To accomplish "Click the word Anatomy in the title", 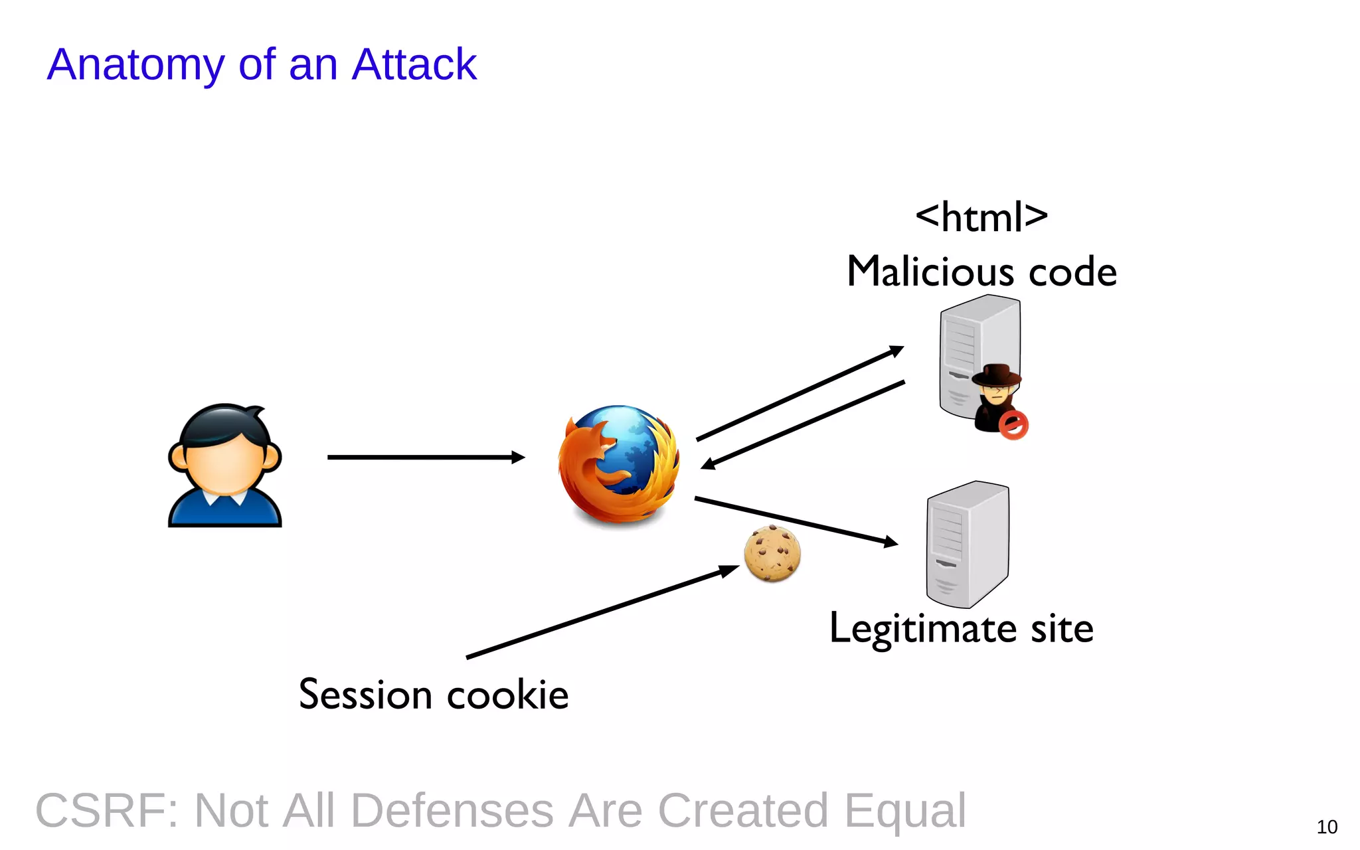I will point(136,65).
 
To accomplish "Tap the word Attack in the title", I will point(414,64).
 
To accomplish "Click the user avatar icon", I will point(225,465).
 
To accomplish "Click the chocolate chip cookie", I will point(772,553).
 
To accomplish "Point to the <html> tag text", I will point(981,216).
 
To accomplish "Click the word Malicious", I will point(930,272).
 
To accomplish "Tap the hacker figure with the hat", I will point(995,396).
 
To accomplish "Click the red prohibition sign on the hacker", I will point(1013,426).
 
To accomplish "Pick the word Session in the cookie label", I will point(365,695).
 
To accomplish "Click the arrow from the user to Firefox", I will point(425,457).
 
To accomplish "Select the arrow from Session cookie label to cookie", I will point(601,612).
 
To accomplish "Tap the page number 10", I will point(1327,827).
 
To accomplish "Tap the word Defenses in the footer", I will point(452,811).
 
